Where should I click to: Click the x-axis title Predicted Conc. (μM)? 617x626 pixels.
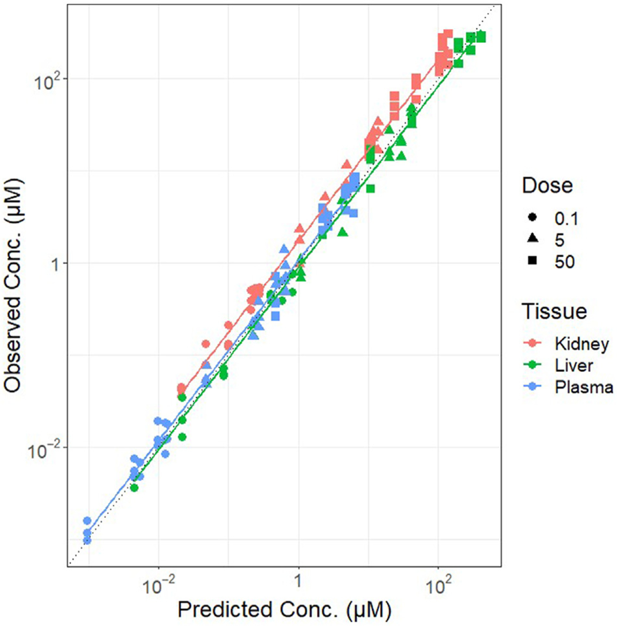(x=284, y=610)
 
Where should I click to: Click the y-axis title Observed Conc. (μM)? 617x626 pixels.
(x=13, y=286)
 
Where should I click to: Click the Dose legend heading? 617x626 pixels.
(x=547, y=185)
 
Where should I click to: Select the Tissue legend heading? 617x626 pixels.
(x=554, y=311)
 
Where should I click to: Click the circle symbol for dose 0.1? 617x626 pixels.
(x=532, y=217)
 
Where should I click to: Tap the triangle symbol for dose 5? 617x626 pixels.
(x=532, y=239)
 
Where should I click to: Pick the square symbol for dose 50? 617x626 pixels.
(x=532, y=261)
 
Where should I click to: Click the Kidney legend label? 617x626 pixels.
(x=581, y=344)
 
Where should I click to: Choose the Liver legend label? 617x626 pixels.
(x=574, y=366)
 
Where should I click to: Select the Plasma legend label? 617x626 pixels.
(x=584, y=387)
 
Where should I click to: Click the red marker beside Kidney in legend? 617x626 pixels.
(x=532, y=343)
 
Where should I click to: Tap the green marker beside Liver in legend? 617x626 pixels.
(x=532, y=365)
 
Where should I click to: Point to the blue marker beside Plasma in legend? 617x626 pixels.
(x=532, y=387)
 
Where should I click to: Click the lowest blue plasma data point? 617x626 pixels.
(x=87, y=540)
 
